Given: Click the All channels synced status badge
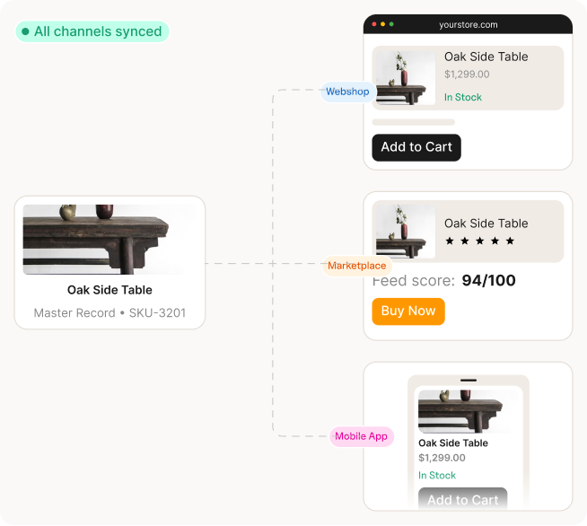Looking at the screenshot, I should click(x=92, y=31).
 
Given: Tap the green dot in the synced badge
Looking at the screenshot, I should click(x=25, y=32).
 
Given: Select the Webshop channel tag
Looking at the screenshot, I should click(x=347, y=92).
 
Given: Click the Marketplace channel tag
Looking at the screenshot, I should click(x=356, y=266).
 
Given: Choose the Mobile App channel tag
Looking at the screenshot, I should click(x=361, y=436).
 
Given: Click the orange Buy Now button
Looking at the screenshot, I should click(x=408, y=311).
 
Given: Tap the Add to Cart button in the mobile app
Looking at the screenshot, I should click(x=462, y=500).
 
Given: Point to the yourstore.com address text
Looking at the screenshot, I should click(x=469, y=25).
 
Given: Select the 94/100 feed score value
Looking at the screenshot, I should click(x=488, y=281).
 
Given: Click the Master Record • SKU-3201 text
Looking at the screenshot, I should click(x=110, y=313).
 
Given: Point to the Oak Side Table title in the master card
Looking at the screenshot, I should click(x=110, y=290).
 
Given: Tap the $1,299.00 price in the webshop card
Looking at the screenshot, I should click(x=467, y=75).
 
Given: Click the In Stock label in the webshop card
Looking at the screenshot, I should click(x=462, y=97).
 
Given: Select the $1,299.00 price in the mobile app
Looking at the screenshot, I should click(x=442, y=458).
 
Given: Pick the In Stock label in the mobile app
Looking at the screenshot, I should click(x=437, y=476).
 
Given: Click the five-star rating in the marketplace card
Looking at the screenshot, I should click(x=479, y=241).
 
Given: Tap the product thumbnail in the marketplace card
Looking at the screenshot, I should click(x=405, y=231).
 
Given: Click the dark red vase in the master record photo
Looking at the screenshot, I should click(x=105, y=212).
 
